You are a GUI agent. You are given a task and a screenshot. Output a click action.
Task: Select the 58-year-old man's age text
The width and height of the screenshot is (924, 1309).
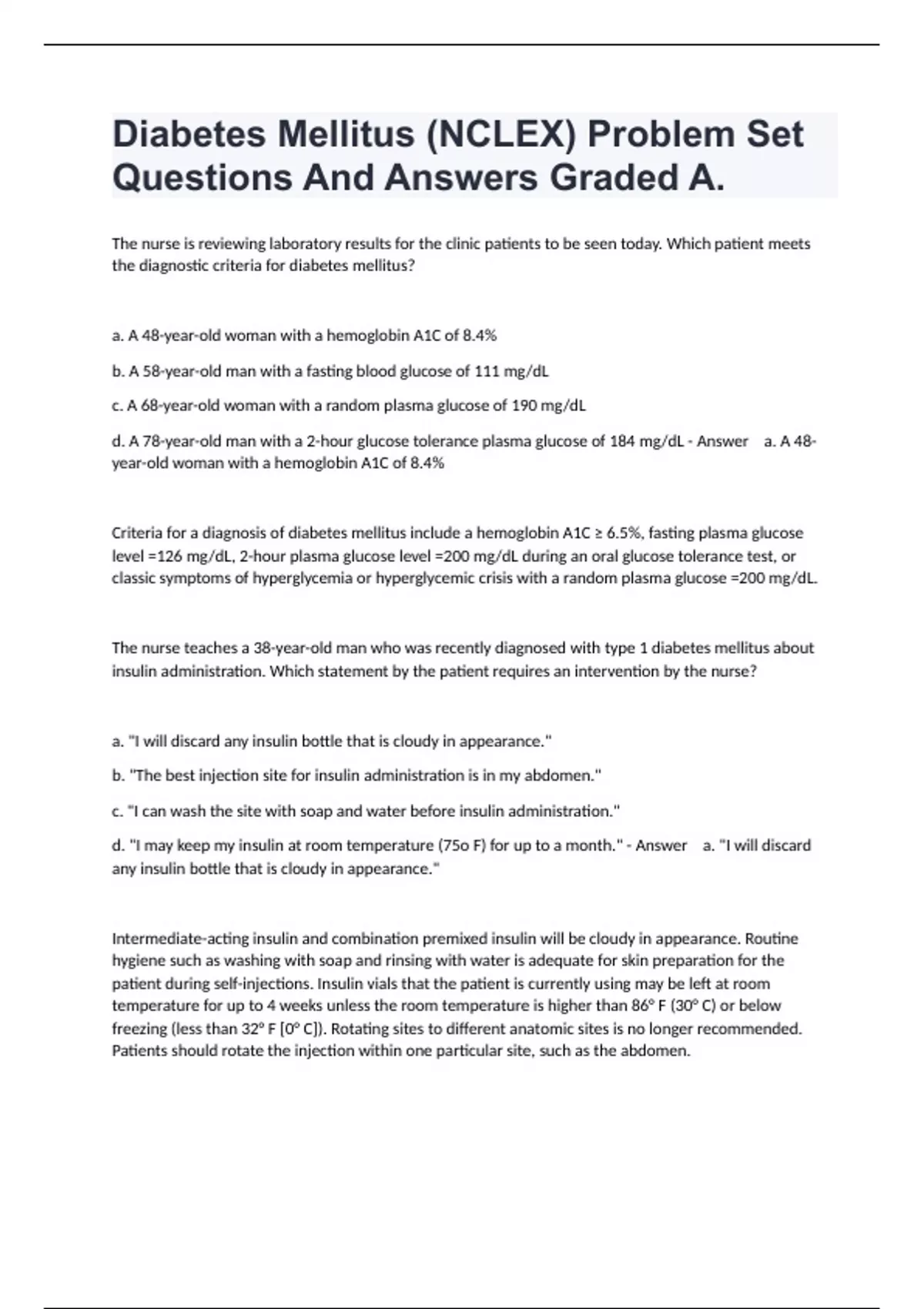click(x=169, y=371)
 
